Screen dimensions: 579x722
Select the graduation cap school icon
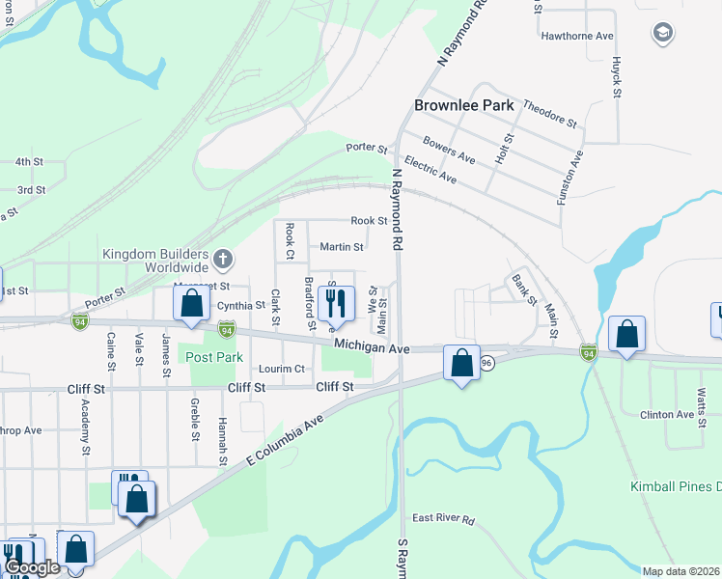(x=662, y=34)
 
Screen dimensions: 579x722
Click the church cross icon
(x=223, y=259)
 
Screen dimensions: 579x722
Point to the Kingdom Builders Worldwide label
(x=155, y=260)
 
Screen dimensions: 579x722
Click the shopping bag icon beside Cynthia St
(x=192, y=303)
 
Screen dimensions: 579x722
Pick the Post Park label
(x=214, y=357)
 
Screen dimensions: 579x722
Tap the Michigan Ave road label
(x=374, y=345)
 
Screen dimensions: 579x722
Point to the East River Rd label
(x=443, y=519)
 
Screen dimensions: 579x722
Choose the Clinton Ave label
(x=667, y=415)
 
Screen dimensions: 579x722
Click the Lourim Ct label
(x=282, y=369)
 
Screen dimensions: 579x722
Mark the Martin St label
(x=342, y=247)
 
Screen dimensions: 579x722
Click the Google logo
(x=32, y=567)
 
